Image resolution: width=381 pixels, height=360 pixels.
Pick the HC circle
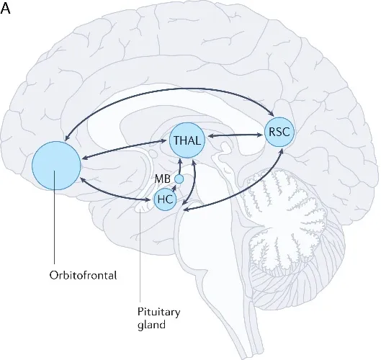tap(165, 199)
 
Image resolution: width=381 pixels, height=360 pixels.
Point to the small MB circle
tap(179, 179)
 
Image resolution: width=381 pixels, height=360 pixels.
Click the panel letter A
tap(6, 9)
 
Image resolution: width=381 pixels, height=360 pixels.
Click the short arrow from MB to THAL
tap(179, 165)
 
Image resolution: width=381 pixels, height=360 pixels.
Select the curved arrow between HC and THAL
tap(193, 180)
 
